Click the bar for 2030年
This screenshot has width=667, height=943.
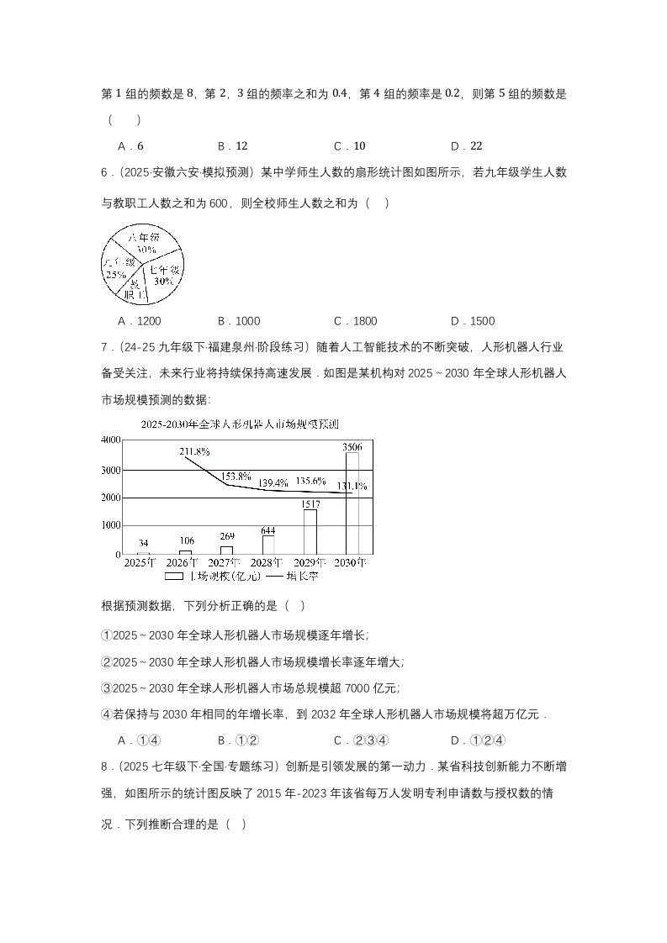[x=352, y=503]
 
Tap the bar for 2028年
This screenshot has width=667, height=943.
[x=268, y=545]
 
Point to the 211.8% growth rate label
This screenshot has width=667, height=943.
[x=195, y=451]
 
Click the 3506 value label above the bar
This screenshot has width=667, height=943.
[x=353, y=447]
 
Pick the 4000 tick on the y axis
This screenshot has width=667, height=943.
[x=110, y=440]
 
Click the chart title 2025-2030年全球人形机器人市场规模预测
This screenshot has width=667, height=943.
[x=246, y=424]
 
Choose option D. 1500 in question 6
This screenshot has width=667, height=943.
[x=473, y=321]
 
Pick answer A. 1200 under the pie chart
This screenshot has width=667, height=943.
[x=140, y=321]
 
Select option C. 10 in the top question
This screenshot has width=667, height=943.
[x=349, y=145]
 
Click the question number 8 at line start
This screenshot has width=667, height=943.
[x=104, y=767]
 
